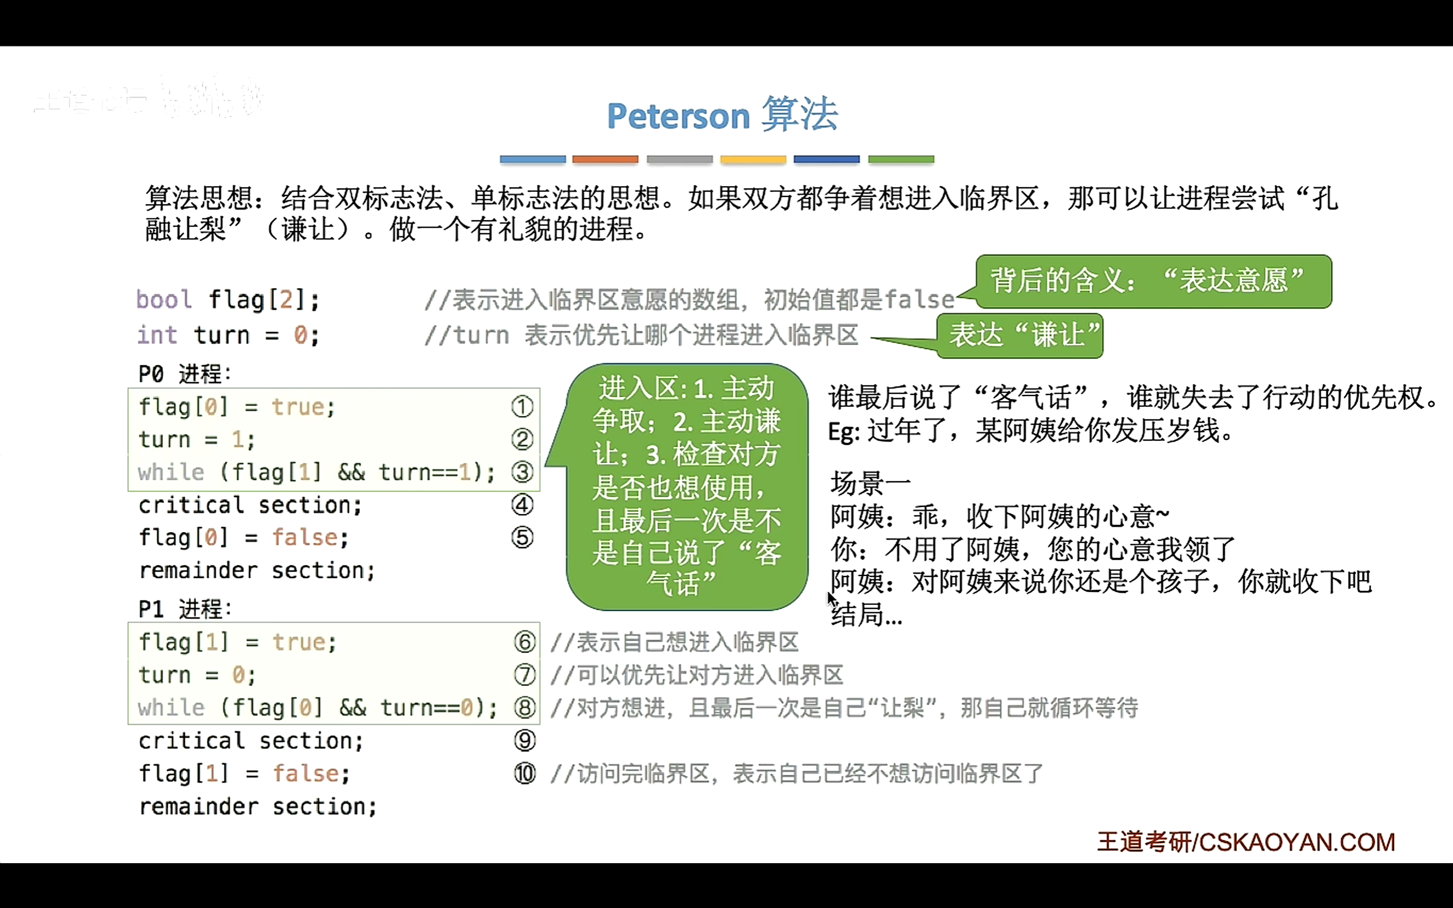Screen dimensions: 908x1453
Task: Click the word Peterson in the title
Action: point(678,116)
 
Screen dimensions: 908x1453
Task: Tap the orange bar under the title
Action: point(604,159)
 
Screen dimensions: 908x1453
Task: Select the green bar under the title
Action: point(901,159)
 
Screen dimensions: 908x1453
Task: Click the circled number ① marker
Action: point(522,407)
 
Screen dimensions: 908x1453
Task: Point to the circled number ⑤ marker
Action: point(522,537)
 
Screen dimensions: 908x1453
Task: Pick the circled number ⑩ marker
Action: point(524,774)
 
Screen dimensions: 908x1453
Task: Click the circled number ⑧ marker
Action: point(524,708)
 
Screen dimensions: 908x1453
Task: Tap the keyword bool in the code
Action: point(163,299)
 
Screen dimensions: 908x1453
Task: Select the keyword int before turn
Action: point(157,334)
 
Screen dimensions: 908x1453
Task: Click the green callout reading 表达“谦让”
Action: point(1020,335)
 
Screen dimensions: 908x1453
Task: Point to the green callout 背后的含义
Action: point(1153,281)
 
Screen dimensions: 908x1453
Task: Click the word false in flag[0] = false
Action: point(305,537)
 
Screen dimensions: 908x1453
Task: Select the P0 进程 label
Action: point(184,373)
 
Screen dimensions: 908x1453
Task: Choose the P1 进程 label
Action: point(184,609)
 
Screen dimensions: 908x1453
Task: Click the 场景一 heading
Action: point(870,483)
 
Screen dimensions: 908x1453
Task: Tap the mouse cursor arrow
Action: point(831,598)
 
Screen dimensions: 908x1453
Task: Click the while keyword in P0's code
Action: point(170,473)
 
